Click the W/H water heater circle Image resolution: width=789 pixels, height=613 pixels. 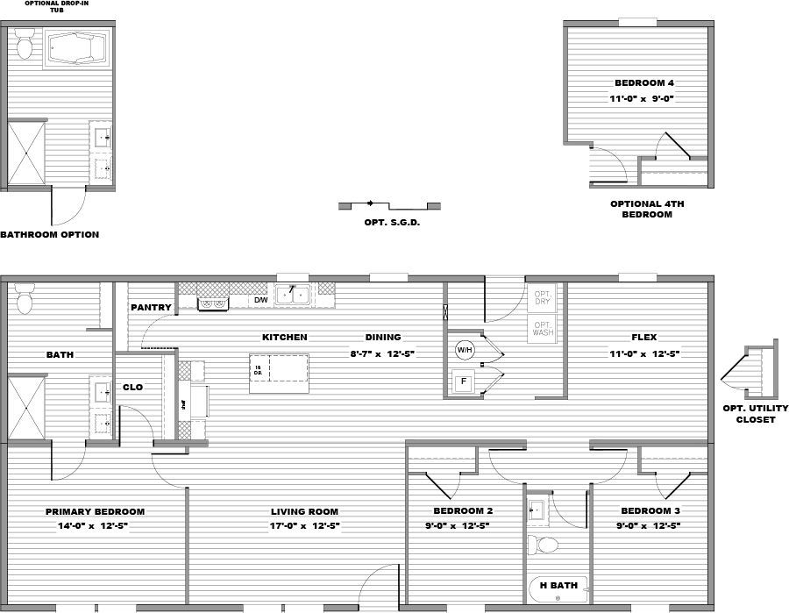[x=464, y=350]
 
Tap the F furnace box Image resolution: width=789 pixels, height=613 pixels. [x=463, y=381]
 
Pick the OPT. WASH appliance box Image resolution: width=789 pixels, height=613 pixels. [x=544, y=329]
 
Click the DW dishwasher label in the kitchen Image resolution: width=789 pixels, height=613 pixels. [x=260, y=301]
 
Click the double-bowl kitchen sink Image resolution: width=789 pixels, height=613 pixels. [x=293, y=295]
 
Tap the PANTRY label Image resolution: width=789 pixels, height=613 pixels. [x=151, y=308]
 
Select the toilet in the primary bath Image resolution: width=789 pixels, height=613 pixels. [x=25, y=299]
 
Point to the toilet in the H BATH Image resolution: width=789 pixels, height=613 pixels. [x=548, y=545]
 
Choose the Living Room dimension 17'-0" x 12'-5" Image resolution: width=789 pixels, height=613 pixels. [x=304, y=526]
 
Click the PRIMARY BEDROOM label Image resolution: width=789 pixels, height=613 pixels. [x=95, y=512]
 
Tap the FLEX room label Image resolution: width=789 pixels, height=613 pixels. [x=643, y=338]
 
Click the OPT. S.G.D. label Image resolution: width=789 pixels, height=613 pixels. [x=392, y=223]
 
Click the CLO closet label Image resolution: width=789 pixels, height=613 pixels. [x=132, y=387]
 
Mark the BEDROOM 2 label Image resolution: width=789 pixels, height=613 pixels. [x=463, y=511]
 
